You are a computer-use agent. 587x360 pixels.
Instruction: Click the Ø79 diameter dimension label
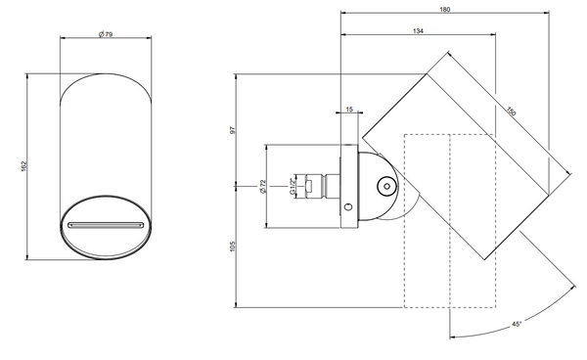coord(106,34)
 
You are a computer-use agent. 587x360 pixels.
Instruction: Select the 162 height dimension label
coord(23,166)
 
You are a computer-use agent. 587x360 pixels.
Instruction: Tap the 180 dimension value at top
coord(445,10)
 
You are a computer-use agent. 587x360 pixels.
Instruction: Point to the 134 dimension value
coord(418,31)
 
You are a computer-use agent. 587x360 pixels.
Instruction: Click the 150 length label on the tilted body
coord(512,112)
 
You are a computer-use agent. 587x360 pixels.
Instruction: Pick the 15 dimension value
coord(349,110)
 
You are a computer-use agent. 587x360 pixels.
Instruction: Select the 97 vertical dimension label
coord(233,130)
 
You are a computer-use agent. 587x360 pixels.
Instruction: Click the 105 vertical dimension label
coord(233,246)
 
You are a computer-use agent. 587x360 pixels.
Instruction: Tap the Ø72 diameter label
coord(262,187)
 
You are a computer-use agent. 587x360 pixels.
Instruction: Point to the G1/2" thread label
coord(293,186)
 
